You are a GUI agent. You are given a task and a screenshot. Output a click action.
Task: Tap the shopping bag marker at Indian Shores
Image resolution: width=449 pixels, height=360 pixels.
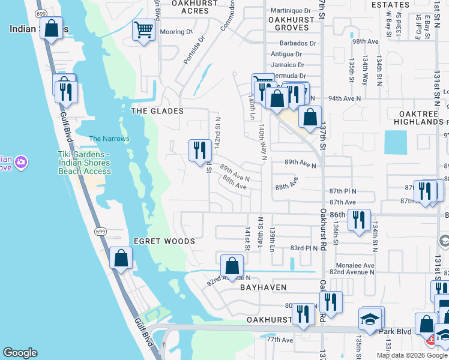[x=52, y=28]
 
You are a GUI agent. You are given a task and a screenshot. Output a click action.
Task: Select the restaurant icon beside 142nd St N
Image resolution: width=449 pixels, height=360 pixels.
[x=200, y=150]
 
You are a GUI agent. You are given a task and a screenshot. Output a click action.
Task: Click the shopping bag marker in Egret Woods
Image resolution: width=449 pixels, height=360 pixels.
[x=121, y=259]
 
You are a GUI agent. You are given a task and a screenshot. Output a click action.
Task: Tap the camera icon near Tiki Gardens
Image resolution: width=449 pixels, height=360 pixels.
[x=21, y=162]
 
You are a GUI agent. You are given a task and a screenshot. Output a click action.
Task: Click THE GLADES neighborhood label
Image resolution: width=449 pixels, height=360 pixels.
[x=157, y=112]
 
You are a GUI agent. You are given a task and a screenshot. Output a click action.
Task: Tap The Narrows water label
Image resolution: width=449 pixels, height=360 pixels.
[x=109, y=139]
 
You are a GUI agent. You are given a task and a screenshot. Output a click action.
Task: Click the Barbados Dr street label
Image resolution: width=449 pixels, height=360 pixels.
[x=298, y=44]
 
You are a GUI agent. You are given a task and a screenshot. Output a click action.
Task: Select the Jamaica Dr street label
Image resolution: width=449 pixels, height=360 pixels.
[x=288, y=65]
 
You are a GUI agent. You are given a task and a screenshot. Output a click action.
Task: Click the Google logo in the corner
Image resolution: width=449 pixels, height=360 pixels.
[x=20, y=353]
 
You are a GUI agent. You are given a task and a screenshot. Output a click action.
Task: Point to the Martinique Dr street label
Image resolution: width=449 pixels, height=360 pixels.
[x=291, y=11]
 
